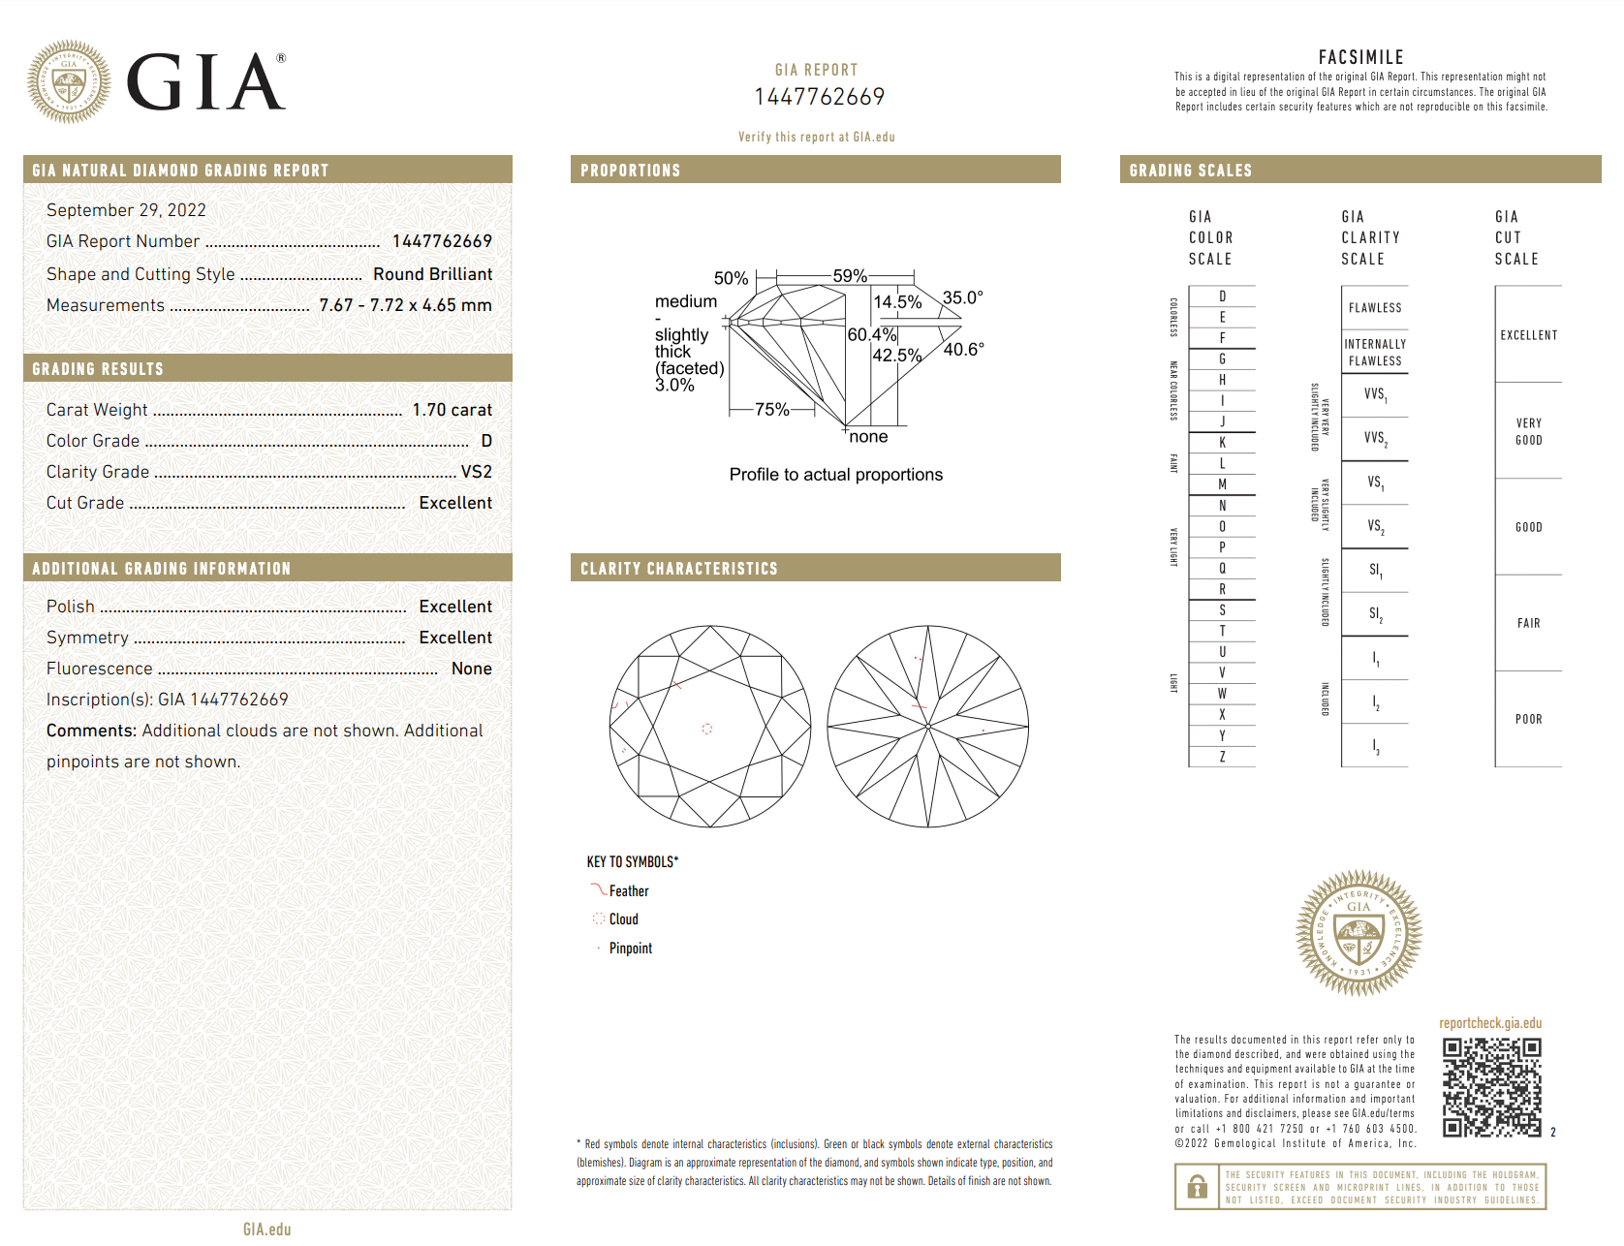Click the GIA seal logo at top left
(x=68, y=81)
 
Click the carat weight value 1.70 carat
(x=452, y=410)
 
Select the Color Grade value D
(x=486, y=441)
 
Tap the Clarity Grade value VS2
(x=476, y=472)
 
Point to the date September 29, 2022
(x=126, y=210)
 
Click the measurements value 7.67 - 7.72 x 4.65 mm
(x=405, y=305)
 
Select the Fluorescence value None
(x=471, y=669)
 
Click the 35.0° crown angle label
(x=962, y=297)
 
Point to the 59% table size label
(x=850, y=276)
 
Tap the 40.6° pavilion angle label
(x=963, y=350)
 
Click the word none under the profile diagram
(x=868, y=437)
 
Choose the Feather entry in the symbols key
(x=628, y=891)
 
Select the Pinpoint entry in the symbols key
(x=630, y=949)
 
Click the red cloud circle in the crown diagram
(x=707, y=729)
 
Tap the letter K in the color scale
(x=1222, y=443)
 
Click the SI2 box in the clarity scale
(x=1375, y=614)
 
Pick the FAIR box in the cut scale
(x=1528, y=623)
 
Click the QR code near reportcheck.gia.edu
(x=1491, y=1087)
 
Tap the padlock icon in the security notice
(x=1198, y=1187)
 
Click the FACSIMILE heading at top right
(x=1360, y=57)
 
